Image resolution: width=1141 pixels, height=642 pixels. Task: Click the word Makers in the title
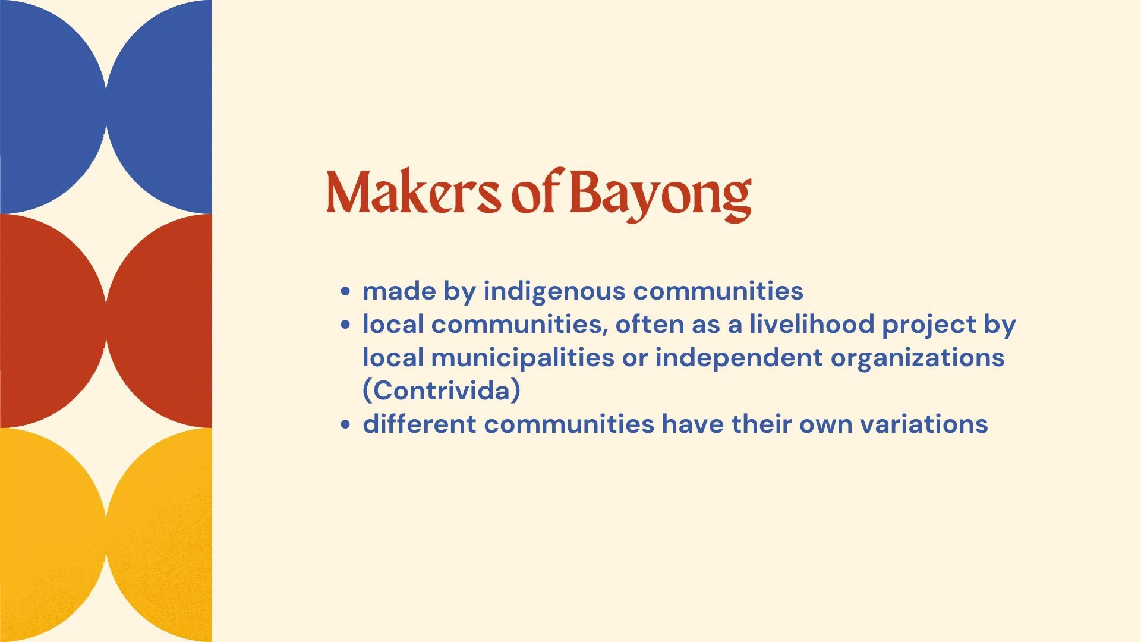(413, 192)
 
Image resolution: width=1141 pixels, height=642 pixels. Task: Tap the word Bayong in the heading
(660, 196)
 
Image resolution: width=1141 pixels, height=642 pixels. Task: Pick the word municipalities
(522, 358)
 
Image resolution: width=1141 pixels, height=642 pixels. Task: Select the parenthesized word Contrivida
(442, 391)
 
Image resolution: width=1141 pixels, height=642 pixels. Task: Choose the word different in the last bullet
(420, 424)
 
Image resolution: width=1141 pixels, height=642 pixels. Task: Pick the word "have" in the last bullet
(692, 424)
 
